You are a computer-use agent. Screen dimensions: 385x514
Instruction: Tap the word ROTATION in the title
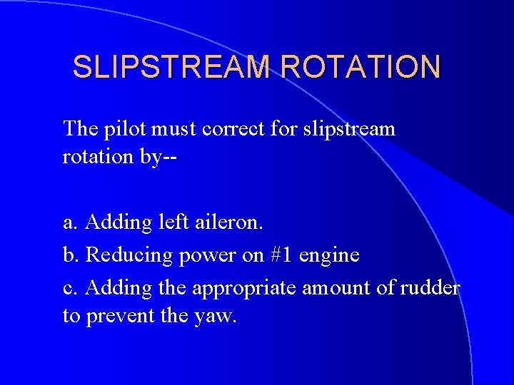361,67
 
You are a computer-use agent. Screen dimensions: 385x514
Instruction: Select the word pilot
124,129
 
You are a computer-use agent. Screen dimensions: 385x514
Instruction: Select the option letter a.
69,223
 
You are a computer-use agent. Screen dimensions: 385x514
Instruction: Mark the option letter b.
69,255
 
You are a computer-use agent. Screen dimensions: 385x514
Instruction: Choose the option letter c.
69,288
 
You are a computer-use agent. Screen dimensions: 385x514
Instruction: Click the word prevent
118,316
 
